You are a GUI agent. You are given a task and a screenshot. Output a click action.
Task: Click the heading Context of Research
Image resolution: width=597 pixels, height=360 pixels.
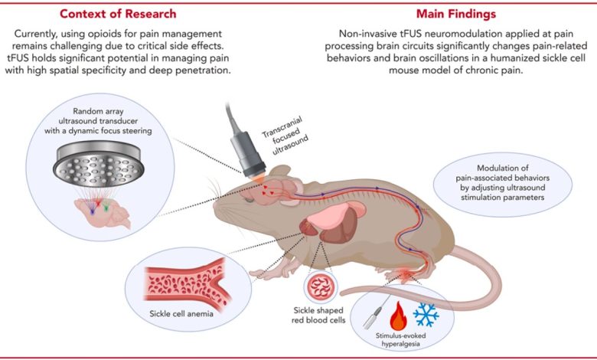pos(118,14)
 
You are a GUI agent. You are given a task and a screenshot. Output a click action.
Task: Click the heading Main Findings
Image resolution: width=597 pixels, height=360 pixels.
pos(455,14)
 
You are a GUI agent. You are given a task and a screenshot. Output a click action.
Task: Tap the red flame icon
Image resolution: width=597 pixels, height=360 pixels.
pos(398,316)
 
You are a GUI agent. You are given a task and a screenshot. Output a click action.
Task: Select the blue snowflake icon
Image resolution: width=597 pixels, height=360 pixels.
pos(426,315)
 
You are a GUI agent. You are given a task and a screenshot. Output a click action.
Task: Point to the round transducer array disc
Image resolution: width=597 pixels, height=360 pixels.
pos(99,165)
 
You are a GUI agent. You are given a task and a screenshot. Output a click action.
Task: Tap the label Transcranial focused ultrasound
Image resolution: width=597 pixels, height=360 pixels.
pos(285,134)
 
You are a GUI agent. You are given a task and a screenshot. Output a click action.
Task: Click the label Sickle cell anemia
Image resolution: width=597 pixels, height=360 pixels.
pos(181,314)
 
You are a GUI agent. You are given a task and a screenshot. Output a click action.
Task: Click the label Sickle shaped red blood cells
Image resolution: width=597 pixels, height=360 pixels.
pos(318,315)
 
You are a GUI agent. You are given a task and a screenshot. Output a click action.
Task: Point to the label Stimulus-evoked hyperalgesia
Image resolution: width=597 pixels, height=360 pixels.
pos(400,340)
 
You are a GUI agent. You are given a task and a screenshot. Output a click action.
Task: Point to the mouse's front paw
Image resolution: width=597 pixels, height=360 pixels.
pos(263,273)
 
